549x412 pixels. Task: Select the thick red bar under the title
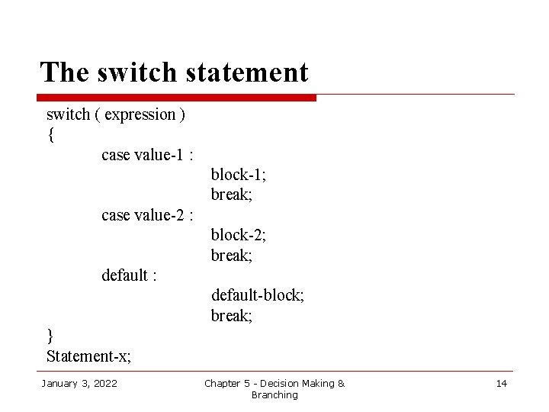coord(177,98)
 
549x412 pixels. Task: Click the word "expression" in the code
coord(140,115)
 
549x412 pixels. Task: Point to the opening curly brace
coord(50,136)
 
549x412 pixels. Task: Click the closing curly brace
coord(50,336)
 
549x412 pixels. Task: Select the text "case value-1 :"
coord(147,155)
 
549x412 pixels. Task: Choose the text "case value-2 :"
coord(147,215)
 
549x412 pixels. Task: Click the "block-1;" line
coord(238,175)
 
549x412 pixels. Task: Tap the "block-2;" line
coord(238,235)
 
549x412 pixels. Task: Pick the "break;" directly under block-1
coord(232,195)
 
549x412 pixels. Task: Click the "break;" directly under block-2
coord(232,256)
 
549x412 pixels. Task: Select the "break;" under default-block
coord(232,316)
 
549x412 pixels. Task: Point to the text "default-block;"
coord(258,295)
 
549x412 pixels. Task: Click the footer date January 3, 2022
coord(79,383)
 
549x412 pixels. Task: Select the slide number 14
coord(501,383)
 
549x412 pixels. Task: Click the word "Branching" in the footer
coord(274,395)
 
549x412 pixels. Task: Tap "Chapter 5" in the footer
coord(229,383)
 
